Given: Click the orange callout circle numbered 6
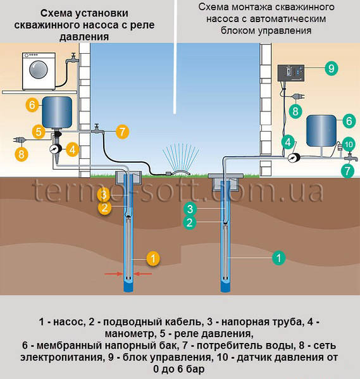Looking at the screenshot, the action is click(32, 105).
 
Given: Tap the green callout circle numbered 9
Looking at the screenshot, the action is click(331, 68).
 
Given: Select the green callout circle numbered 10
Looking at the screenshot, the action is click(349, 144).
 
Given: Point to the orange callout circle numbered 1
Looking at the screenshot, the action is click(153, 259).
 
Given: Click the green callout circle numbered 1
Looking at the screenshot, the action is click(279, 258).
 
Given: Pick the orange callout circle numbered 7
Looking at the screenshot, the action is click(122, 132).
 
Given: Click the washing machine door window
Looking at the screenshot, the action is click(39, 70).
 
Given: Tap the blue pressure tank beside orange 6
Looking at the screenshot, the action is click(57, 112).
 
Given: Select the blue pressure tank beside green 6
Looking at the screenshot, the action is click(321, 131).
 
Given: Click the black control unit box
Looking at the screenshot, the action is click(290, 73).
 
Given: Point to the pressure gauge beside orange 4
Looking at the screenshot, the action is click(55, 149).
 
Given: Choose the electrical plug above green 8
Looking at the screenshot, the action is click(298, 96).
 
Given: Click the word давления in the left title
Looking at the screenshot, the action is click(84, 37).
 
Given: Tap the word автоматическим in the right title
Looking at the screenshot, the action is click(288, 19).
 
